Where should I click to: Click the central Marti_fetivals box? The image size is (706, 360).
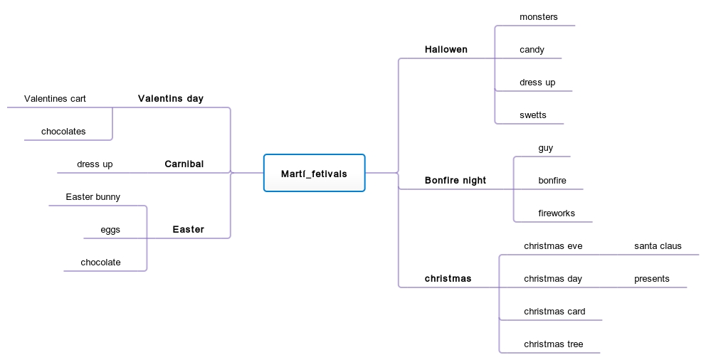[x=314, y=174]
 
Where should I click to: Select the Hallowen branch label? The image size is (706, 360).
[x=446, y=50]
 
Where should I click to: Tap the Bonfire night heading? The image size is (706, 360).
[x=455, y=181]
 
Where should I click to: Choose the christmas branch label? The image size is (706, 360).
[x=448, y=279]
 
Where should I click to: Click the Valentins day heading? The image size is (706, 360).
[x=171, y=99]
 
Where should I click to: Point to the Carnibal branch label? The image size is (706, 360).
[x=184, y=164]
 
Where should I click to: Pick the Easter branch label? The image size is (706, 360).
[x=189, y=230]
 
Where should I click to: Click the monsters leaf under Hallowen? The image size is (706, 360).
[x=539, y=17]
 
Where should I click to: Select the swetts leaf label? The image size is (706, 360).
[x=533, y=115]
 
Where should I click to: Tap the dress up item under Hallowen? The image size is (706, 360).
[x=537, y=83]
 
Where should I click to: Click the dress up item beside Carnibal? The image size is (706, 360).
[x=95, y=164]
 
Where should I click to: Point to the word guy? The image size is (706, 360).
[x=546, y=148]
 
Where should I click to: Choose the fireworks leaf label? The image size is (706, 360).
[x=557, y=213]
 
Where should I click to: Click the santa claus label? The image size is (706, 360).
[x=658, y=246]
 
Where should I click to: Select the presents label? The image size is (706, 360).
[x=652, y=279]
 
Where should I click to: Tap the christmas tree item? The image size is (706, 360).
[x=554, y=344]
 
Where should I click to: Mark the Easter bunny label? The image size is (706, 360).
[x=93, y=197]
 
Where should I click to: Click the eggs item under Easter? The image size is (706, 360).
[x=110, y=230]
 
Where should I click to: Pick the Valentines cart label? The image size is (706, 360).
[x=55, y=99]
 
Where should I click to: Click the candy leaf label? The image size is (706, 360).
[x=532, y=50]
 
